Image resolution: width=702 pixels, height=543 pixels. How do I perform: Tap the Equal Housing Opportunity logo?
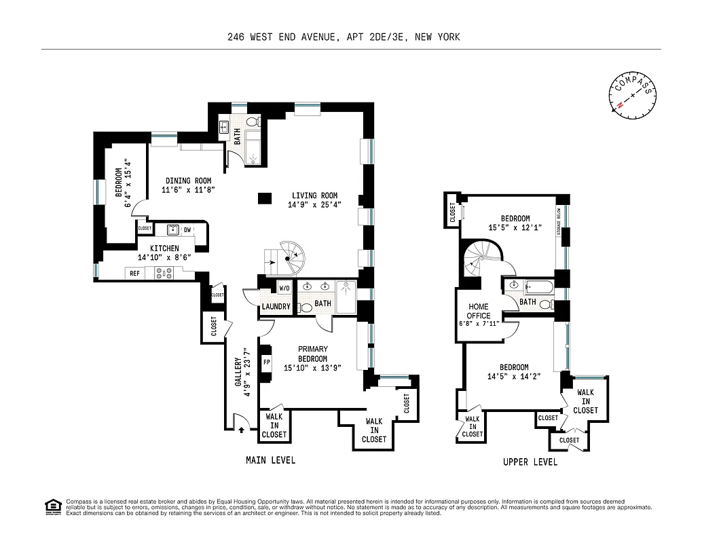pyautogui.click(x=52, y=507)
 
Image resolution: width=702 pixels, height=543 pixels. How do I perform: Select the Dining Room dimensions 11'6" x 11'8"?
pyautogui.click(x=187, y=190)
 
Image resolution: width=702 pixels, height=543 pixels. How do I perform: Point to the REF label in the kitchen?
pyautogui.click(x=135, y=274)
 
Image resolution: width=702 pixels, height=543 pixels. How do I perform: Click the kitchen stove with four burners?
pyautogui.click(x=164, y=273)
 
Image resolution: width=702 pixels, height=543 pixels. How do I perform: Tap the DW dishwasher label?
pyautogui.click(x=187, y=230)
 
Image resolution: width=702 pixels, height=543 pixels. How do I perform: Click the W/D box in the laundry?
pyautogui.click(x=284, y=288)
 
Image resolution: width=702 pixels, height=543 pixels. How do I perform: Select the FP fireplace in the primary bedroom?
pyautogui.click(x=267, y=361)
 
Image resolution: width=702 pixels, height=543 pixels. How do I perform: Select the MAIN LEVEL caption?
pyautogui.click(x=270, y=460)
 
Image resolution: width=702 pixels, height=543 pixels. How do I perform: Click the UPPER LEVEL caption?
pyautogui.click(x=530, y=462)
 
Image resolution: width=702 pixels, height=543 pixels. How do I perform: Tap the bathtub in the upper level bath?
pyautogui.click(x=536, y=285)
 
